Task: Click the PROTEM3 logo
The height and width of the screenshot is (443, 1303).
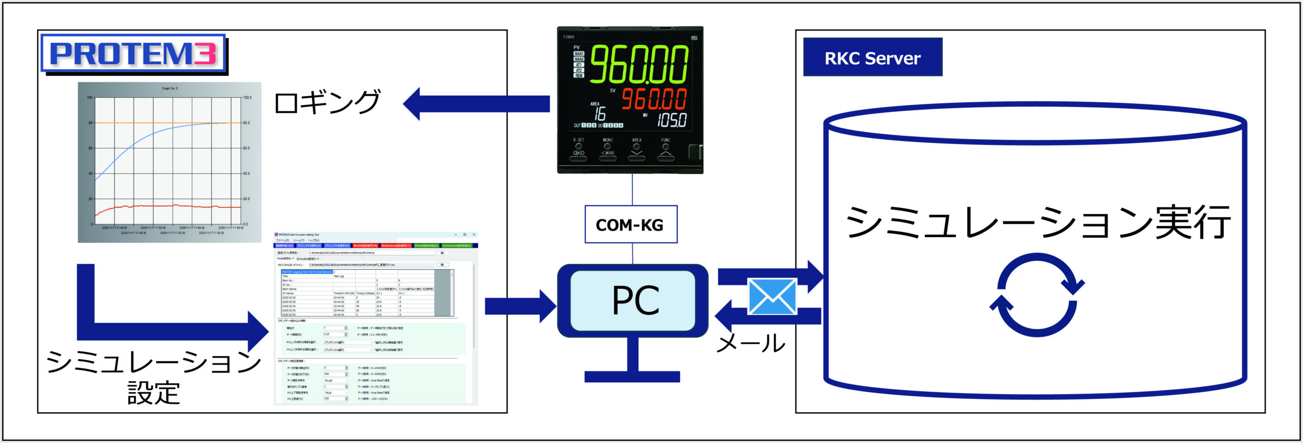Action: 133,53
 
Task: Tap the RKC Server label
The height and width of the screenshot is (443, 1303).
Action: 872,58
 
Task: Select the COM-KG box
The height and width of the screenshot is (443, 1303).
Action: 631,225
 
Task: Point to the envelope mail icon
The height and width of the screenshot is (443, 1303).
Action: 772,296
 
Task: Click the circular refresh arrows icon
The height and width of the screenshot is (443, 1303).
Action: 1037,295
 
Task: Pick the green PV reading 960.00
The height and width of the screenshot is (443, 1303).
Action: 639,65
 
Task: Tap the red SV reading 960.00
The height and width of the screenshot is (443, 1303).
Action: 654,99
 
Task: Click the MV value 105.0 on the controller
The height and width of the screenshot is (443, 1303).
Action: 672,120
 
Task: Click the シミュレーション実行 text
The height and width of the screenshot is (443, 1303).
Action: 1037,223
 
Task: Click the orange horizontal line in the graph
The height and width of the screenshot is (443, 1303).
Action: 168,123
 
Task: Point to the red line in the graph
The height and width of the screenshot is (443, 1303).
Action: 168,206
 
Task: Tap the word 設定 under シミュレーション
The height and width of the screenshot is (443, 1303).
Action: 154,393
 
